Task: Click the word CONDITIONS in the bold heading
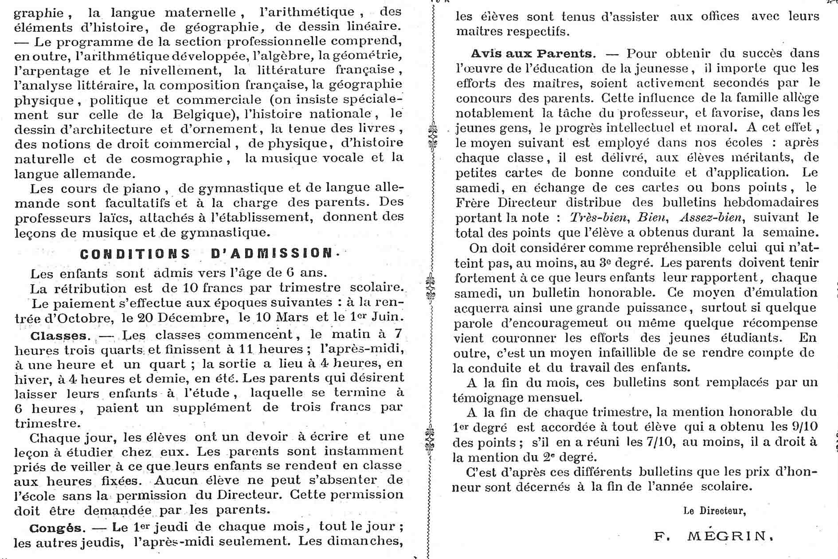135,254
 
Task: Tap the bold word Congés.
56,528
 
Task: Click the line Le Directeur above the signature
714,511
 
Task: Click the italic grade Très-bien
599,217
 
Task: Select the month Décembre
192,319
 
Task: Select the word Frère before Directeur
472,202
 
